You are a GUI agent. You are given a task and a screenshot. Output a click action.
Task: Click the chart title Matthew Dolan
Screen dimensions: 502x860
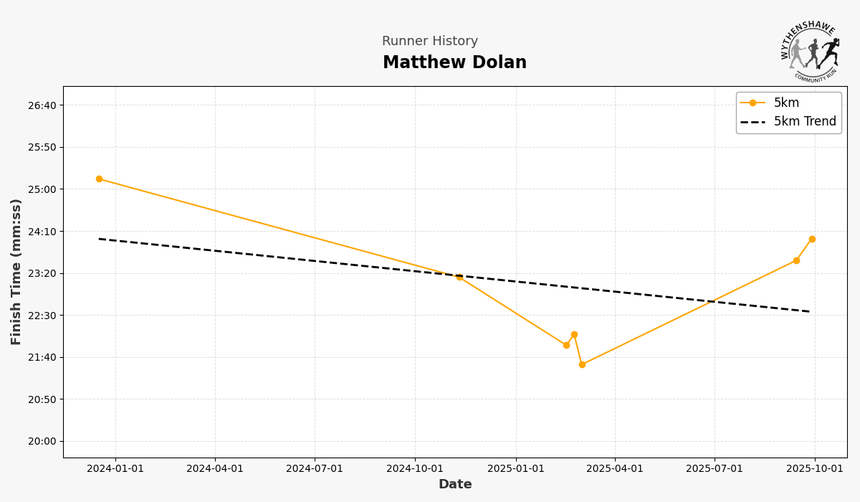pos(454,63)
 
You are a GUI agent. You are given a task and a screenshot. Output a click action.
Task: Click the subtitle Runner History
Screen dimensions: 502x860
pos(429,42)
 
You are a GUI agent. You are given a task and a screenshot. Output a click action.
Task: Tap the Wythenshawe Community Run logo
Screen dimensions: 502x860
pos(810,51)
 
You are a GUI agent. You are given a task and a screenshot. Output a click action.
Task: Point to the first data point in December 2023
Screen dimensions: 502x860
pos(99,179)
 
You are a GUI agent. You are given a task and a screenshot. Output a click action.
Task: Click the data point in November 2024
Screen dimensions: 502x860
pos(459,277)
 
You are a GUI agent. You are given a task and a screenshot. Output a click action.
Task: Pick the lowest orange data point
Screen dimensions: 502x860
pos(582,364)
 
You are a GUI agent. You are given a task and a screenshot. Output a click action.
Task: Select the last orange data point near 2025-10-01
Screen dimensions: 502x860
pos(812,239)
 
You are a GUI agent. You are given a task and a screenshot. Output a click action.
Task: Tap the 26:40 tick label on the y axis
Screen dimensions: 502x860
pos(42,105)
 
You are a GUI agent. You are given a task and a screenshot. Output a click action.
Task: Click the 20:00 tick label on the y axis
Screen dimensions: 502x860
pos(42,441)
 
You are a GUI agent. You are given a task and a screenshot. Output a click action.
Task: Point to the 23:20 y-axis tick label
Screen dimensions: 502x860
pos(42,273)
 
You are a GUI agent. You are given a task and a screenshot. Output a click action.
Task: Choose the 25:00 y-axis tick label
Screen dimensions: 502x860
pos(42,189)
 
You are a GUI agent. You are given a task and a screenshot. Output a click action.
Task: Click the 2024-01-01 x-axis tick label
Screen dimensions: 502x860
pos(115,468)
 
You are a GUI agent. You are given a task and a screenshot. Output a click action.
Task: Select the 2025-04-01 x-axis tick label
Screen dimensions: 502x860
pos(615,468)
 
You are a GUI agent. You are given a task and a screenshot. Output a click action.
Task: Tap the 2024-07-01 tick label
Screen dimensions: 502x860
pos(315,468)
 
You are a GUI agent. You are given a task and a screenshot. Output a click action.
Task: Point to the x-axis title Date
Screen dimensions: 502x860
pos(455,485)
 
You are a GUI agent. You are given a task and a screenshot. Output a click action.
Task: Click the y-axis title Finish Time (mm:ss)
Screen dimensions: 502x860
pos(16,272)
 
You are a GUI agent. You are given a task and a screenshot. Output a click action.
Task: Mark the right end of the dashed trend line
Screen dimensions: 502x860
pos(810,311)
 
